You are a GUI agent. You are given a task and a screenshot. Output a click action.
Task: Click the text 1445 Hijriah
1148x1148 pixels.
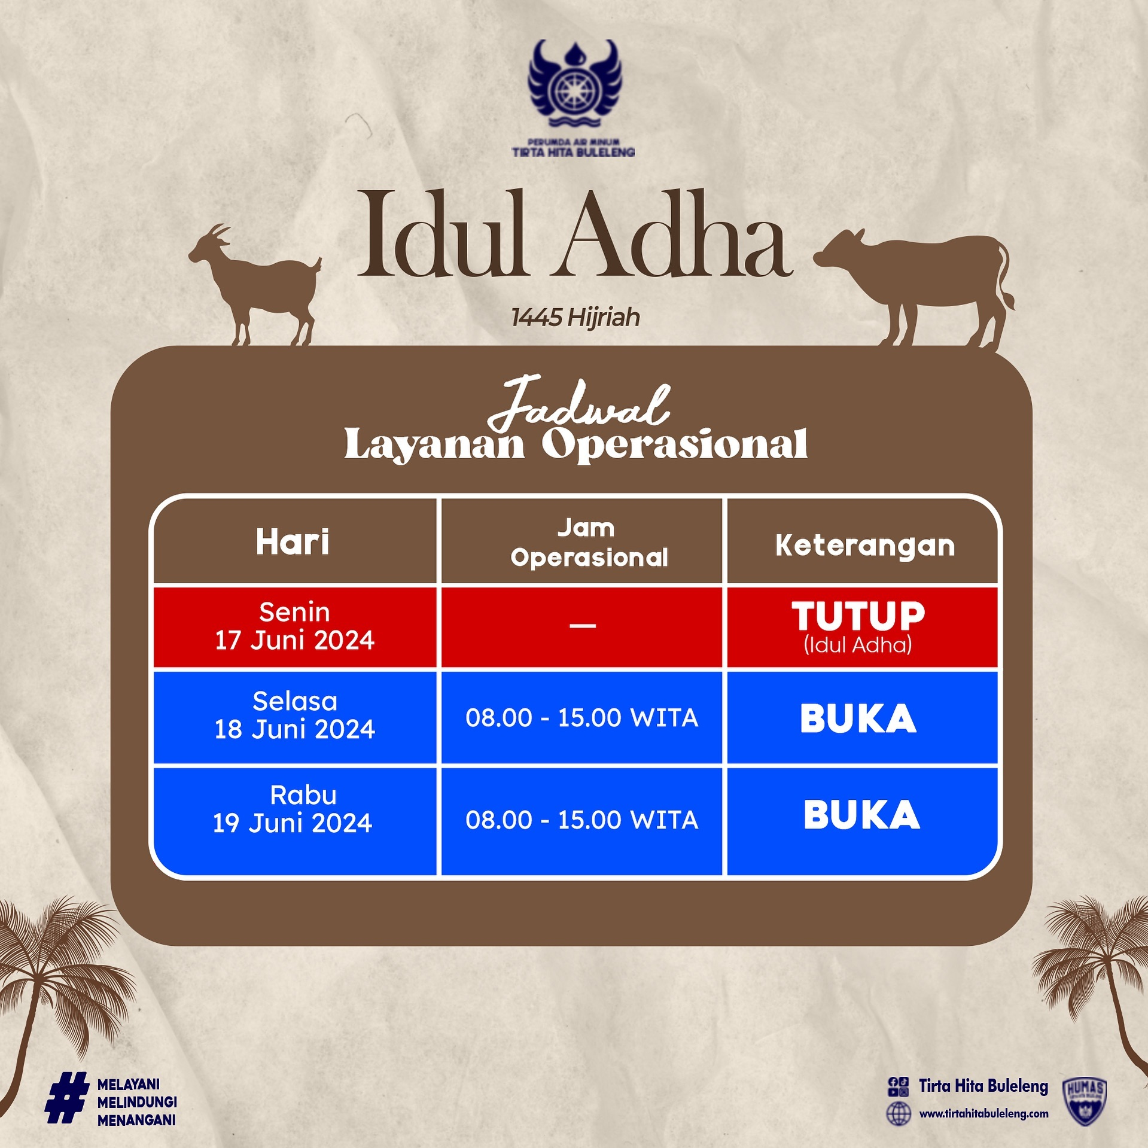575,318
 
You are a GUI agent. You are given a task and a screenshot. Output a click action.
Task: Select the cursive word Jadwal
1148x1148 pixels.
578,403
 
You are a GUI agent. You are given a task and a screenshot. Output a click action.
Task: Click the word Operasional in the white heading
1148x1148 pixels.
675,446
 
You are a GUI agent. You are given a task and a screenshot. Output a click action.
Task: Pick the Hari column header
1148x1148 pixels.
293,542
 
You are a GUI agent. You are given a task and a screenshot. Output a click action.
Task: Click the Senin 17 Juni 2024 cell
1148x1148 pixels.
294,626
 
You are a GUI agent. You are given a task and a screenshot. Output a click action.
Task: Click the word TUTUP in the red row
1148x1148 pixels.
858,616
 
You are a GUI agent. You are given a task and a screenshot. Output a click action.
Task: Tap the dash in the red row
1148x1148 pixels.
583,626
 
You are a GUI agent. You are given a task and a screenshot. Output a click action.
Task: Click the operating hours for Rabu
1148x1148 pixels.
582,820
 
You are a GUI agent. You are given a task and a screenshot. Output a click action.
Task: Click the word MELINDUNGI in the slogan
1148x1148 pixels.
137,1102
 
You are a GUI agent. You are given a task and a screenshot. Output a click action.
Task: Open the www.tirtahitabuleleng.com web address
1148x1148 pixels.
983,1113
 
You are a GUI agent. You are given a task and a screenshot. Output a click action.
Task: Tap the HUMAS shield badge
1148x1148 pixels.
1085,1102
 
